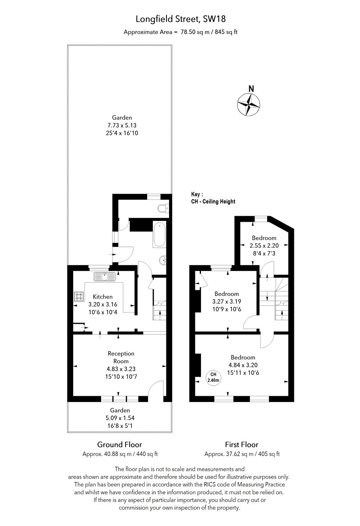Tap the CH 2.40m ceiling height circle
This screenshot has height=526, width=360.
click(213, 377)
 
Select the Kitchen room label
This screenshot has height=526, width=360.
click(102, 297)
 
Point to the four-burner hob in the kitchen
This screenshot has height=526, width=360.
click(79, 297)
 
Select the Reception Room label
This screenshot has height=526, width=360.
click(121, 357)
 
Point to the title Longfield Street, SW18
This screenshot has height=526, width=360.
click(180, 19)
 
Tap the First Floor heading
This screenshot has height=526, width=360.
click(241, 444)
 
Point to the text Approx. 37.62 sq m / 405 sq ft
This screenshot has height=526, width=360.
click(242, 454)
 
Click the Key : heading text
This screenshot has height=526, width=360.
click(198, 194)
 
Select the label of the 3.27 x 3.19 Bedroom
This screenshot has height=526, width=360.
click(226, 294)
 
